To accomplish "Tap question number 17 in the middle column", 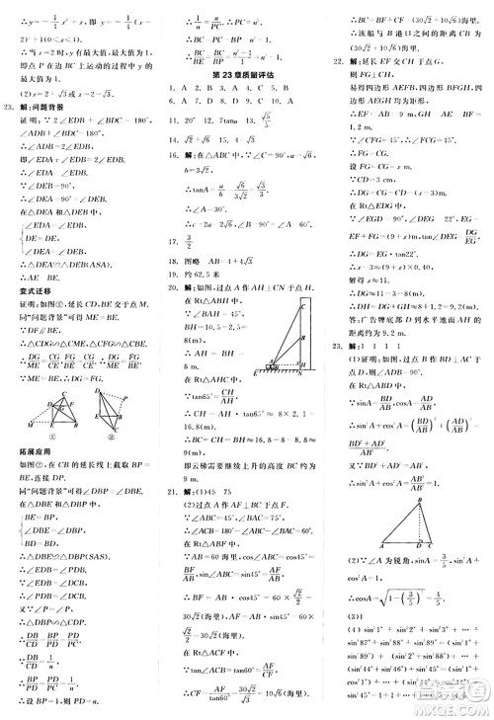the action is (173, 239).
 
